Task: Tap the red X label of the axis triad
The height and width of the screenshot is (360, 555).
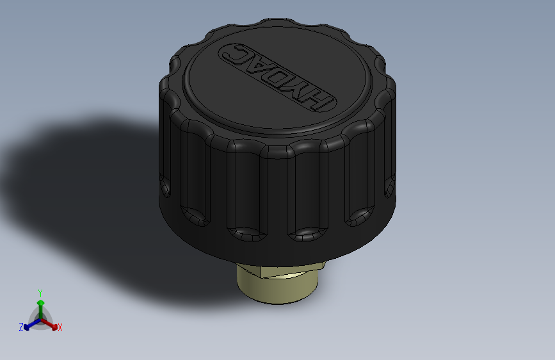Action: [60, 327]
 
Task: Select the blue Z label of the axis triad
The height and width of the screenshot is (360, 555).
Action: [21, 327]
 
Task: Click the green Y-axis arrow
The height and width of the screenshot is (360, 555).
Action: [40, 306]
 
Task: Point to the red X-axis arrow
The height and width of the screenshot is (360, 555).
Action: [51, 322]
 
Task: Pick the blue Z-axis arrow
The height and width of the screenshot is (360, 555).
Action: [29, 325]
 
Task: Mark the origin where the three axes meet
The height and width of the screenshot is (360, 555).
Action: [40, 318]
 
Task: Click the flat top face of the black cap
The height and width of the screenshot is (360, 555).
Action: [275, 96]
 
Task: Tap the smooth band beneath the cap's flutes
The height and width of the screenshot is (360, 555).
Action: [275, 247]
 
